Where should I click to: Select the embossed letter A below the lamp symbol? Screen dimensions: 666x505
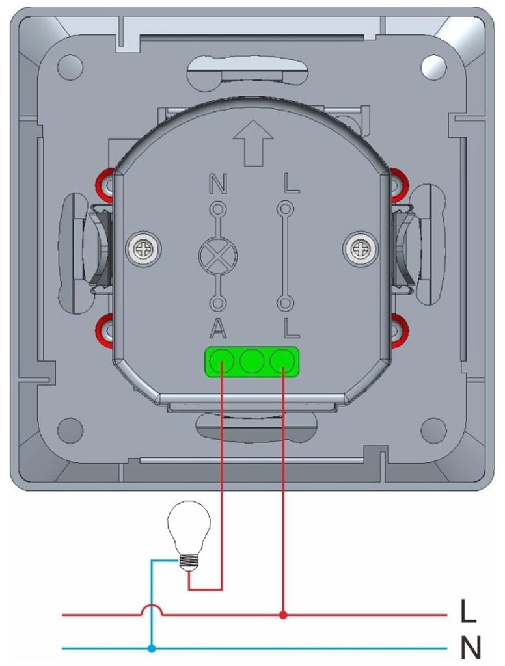[217, 329]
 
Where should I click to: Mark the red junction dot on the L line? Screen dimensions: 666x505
[283, 615]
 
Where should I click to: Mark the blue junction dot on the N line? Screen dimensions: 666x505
[152, 648]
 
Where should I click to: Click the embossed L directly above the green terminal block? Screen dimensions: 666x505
[291, 329]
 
